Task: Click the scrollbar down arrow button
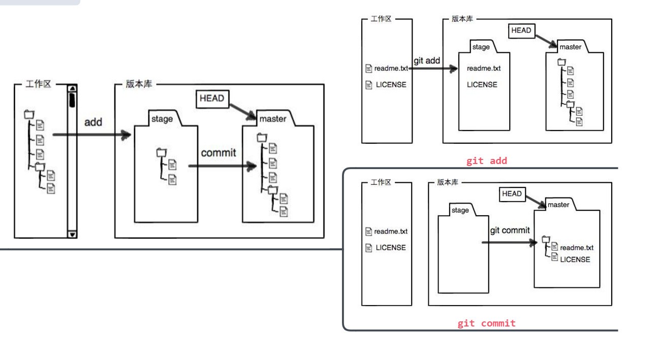tap(72, 234)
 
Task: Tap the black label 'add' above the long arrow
tap(93, 122)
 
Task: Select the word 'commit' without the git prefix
tap(218, 153)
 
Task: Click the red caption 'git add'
tap(487, 161)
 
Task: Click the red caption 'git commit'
tap(487, 323)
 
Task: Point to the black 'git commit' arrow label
tap(510, 231)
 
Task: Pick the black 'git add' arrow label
tap(427, 61)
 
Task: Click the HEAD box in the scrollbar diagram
tap(212, 99)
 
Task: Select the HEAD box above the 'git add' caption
tap(521, 30)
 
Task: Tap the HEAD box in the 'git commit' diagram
tap(512, 193)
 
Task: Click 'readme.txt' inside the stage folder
tap(484, 69)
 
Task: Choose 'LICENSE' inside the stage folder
tap(482, 85)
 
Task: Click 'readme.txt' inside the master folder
tap(577, 248)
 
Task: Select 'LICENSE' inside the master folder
tap(575, 259)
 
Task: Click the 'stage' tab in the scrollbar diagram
tap(162, 119)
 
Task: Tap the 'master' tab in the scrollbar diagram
tap(273, 119)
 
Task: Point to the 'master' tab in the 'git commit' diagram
tap(558, 205)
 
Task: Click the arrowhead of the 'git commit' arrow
tap(534, 243)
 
